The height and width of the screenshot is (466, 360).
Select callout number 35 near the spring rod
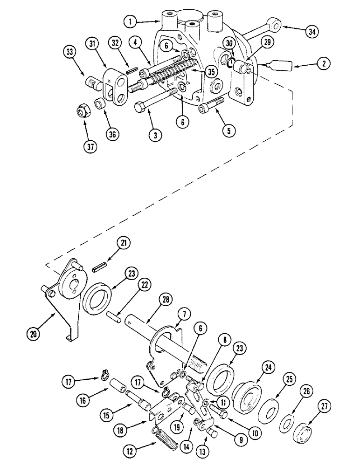211,73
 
